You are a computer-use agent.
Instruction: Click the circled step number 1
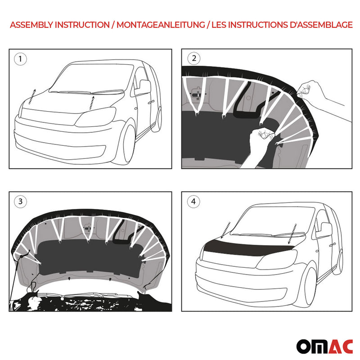tap(20, 58)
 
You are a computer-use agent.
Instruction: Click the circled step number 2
tap(194, 58)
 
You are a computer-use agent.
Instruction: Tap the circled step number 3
tap(20, 202)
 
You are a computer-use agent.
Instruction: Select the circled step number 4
tap(193, 202)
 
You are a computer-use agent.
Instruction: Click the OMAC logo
tap(324, 346)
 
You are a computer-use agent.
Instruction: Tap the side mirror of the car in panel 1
tap(143, 86)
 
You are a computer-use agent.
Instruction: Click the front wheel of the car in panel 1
tap(124, 144)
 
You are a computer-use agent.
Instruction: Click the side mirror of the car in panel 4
tap(324, 229)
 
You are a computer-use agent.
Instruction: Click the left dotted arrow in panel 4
tap(226, 229)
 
